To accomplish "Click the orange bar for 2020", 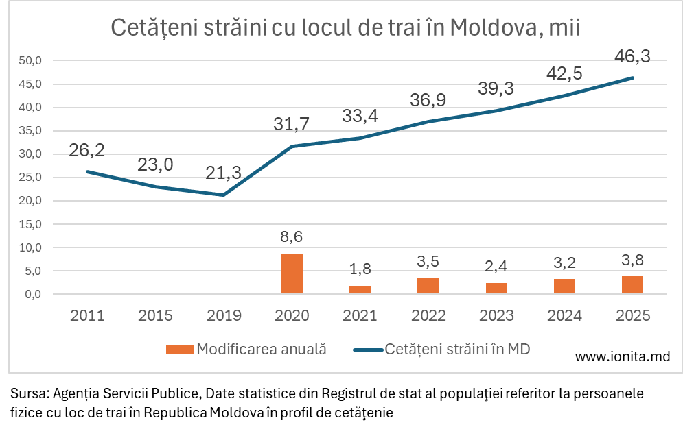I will (292, 273).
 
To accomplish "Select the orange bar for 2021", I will (360, 289).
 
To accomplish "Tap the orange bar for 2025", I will (632, 284).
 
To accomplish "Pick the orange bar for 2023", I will (496, 288).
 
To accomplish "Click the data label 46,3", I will (632, 56).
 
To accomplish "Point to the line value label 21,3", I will (224, 174).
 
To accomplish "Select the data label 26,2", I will (87, 150).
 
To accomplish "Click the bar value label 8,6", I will (292, 237).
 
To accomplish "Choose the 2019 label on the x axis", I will (224, 315).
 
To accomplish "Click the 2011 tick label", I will (87, 315).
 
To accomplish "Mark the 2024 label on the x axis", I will (564, 315).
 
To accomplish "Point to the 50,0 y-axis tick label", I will (30, 61).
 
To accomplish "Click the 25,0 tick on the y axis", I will (30, 178).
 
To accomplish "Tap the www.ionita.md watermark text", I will (622, 356).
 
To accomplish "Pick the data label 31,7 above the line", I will (292, 124).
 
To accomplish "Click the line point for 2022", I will (428, 121).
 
